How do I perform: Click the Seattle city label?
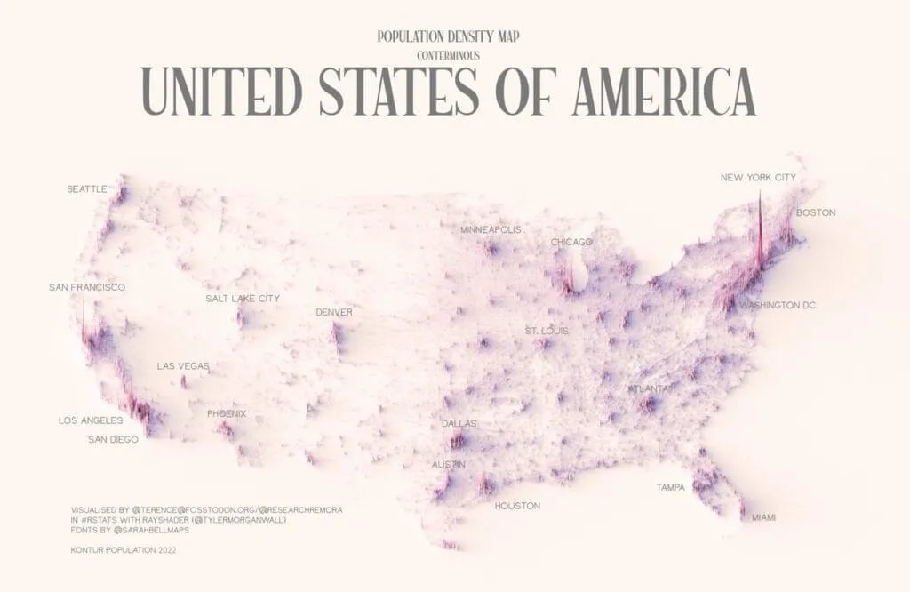[87, 189]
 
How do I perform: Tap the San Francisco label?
[86, 288]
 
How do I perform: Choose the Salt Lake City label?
[242, 299]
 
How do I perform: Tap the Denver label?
[333, 313]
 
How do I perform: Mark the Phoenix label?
[227, 414]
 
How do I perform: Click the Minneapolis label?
[491, 230]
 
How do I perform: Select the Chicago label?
[571, 242]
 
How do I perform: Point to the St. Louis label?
[547, 331]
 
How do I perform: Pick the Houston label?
[517, 506]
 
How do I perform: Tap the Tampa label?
[670, 487]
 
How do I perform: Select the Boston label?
[815, 212]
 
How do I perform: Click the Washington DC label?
[778, 306]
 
